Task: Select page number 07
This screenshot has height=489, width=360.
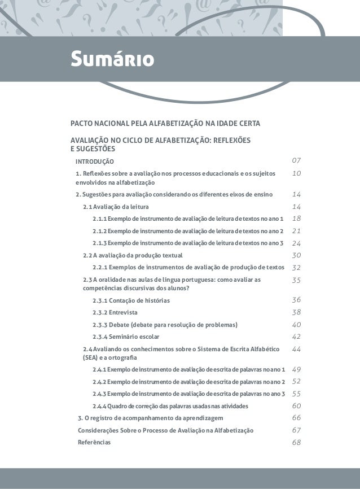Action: tap(296, 163)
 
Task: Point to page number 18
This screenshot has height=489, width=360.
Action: tap(296, 219)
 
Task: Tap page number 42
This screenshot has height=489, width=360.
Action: tap(296, 337)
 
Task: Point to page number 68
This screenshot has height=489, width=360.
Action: tap(296, 442)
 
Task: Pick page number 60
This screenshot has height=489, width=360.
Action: tap(296, 406)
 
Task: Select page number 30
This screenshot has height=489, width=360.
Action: tap(296, 255)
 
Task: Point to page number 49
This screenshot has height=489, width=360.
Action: tap(296, 369)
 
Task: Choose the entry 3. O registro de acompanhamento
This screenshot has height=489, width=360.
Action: tap(150, 418)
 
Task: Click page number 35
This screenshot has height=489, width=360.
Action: tap(296, 280)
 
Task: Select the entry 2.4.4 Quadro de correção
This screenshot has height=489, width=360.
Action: tap(169, 406)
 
